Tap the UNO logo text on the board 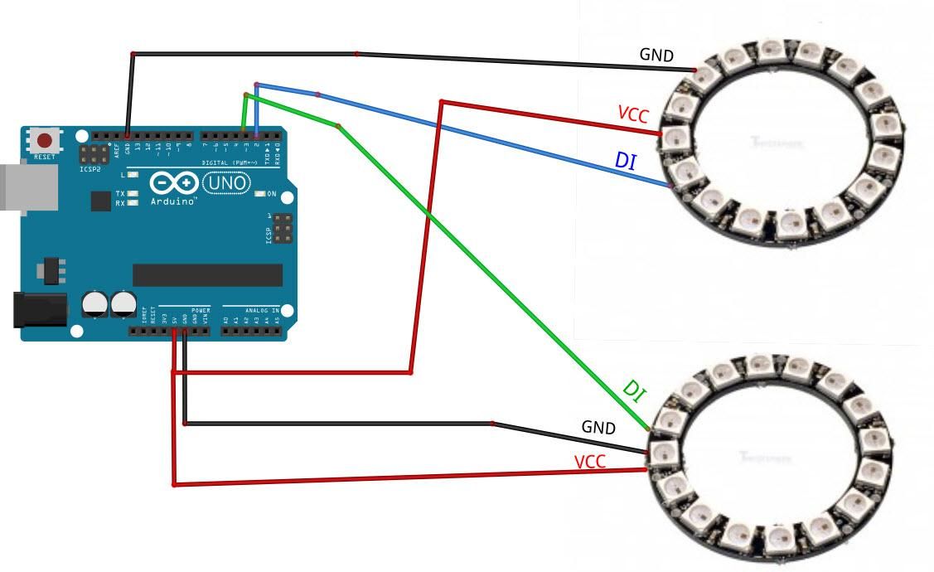(225, 182)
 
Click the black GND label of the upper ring (656, 56)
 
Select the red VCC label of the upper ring (633, 114)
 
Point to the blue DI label (626, 160)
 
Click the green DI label (633, 390)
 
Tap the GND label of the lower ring (598, 428)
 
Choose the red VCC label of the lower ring (589, 462)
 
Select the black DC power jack (39, 309)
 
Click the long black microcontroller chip (207, 275)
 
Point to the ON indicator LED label (271, 194)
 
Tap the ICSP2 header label (90, 168)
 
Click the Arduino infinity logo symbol (175, 182)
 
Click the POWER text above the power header (200, 310)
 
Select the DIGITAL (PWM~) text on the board (227, 162)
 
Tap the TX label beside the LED (120, 193)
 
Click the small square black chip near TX (100, 201)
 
